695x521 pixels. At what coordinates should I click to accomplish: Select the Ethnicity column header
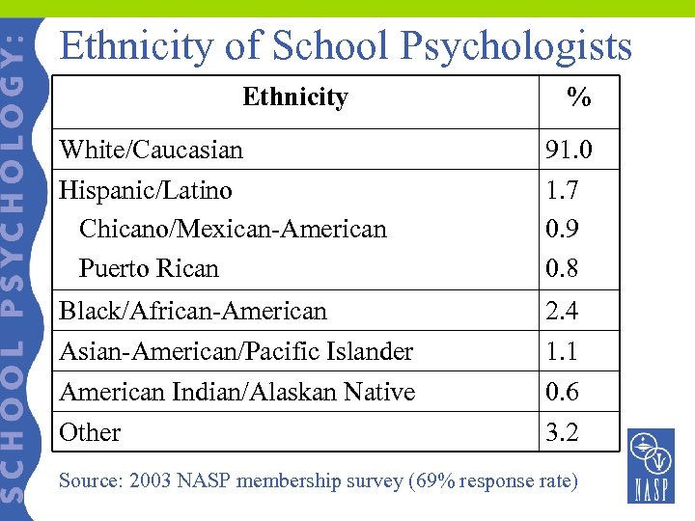click(x=294, y=97)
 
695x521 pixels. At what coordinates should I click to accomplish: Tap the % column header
click(x=578, y=97)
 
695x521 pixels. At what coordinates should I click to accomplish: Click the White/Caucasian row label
click(x=151, y=150)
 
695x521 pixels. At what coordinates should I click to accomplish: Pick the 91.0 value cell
click(x=569, y=151)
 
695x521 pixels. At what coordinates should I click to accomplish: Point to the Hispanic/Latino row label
click(x=145, y=190)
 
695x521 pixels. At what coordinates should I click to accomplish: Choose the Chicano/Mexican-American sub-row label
click(x=232, y=230)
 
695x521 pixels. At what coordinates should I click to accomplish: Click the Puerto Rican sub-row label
click(x=149, y=268)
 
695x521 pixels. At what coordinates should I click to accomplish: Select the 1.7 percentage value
click(x=562, y=190)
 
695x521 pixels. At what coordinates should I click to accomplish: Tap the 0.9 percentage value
click(x=562, y=230)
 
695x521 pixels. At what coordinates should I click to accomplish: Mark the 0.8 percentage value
click(x=562, y=268)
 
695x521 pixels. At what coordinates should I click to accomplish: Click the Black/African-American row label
click(x=193, y=311)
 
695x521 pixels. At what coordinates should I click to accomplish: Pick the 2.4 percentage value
click(x=562, y=311)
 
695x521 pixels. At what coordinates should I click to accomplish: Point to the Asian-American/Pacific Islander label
click(x=236, y=351)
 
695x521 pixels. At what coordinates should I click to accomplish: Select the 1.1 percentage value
click(x=562, y=351)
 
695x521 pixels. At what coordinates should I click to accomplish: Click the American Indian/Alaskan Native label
click(x=236, y=392)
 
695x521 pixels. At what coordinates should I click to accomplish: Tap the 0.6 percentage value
click(x=562, y=392)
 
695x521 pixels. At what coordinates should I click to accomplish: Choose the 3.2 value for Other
click(x=562, y=432)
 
